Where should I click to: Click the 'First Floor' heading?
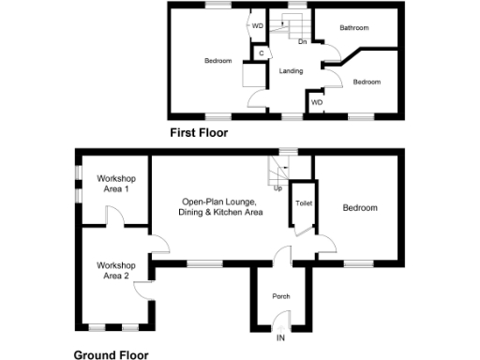198,133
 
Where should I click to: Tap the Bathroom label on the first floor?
354,28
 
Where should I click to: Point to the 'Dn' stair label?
302,42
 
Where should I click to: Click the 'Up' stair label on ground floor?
277,187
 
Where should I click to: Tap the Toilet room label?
303,202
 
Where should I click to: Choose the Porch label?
280,296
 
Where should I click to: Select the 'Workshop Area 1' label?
115,184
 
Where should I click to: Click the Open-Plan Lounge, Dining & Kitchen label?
221,207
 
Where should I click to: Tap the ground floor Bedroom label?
360,207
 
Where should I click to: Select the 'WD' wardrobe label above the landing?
258,25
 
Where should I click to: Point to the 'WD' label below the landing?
317,101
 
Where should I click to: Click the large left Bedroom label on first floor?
217,61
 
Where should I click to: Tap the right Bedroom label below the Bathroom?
367,82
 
